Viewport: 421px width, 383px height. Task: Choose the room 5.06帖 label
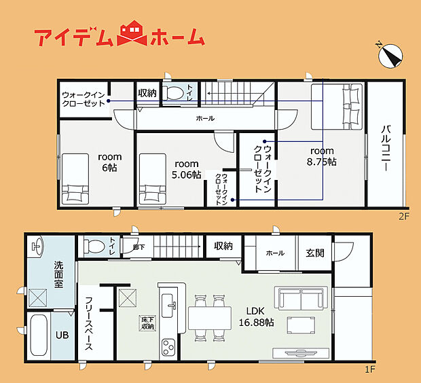(186, 169)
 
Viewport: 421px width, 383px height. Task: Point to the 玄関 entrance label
(316, 253)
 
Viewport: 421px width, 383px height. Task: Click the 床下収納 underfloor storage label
(147, 323)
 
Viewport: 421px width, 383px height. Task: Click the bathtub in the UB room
(38, 335)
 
